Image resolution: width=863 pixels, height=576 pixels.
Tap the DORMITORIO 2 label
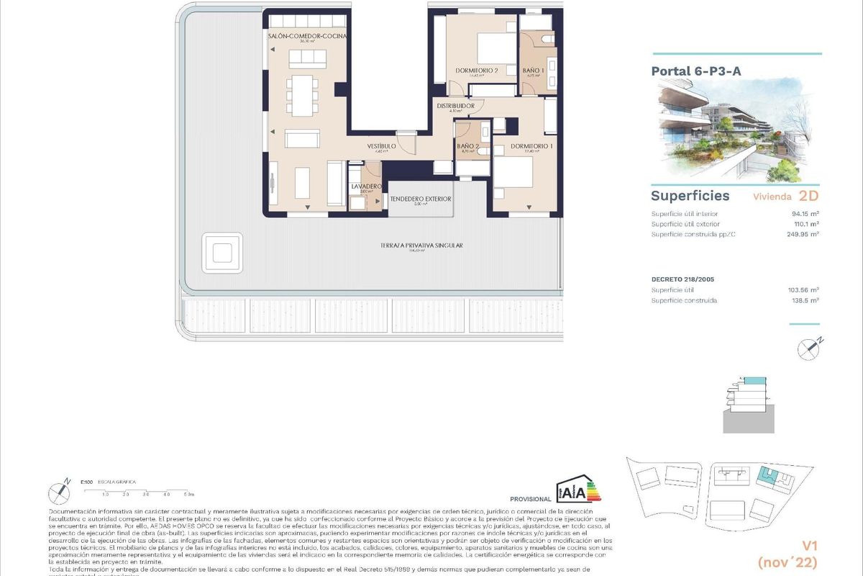point(477,71)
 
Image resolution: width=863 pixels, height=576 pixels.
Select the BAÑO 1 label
point(534,71)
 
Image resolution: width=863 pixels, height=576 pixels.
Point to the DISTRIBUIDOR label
point(456,107)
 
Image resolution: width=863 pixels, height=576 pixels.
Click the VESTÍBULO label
point(382,146)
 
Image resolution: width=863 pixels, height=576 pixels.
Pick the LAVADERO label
point(365,186)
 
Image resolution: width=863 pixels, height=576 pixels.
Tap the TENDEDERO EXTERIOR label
point(421,199)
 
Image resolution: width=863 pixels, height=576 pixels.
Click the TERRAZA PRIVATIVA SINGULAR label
point(421,246)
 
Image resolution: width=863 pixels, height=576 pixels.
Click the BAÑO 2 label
point(468,146)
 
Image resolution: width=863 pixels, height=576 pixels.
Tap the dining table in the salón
point(301,94)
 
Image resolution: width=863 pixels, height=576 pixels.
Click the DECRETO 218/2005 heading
point(682,279)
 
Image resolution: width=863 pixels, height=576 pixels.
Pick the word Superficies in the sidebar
point(680,196)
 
